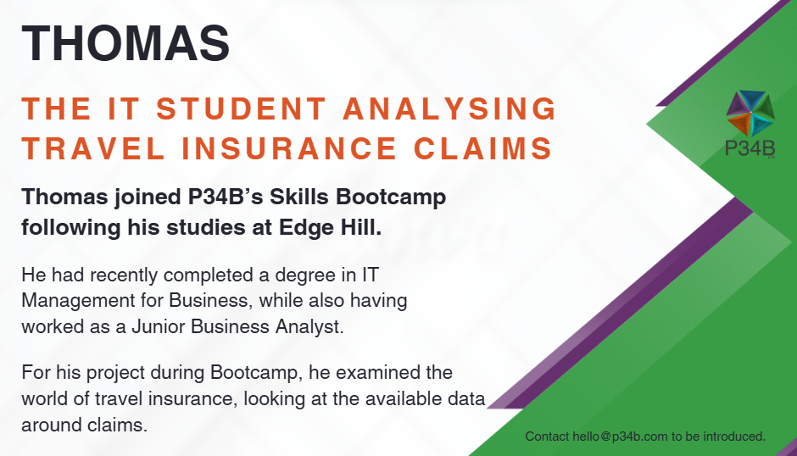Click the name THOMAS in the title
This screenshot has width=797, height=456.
point(125,42)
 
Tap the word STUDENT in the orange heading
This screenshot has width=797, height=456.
point(241,108)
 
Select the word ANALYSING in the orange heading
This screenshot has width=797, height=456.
point(450,108)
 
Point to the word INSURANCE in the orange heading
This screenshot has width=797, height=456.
point(289,148)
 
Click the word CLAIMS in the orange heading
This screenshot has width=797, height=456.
point(483,148)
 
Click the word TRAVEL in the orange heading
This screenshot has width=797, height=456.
point(93,148)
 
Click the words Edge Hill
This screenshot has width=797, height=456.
point(330,227)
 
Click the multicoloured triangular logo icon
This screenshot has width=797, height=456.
point(750,113)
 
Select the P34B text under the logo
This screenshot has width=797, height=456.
point(750,148)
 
